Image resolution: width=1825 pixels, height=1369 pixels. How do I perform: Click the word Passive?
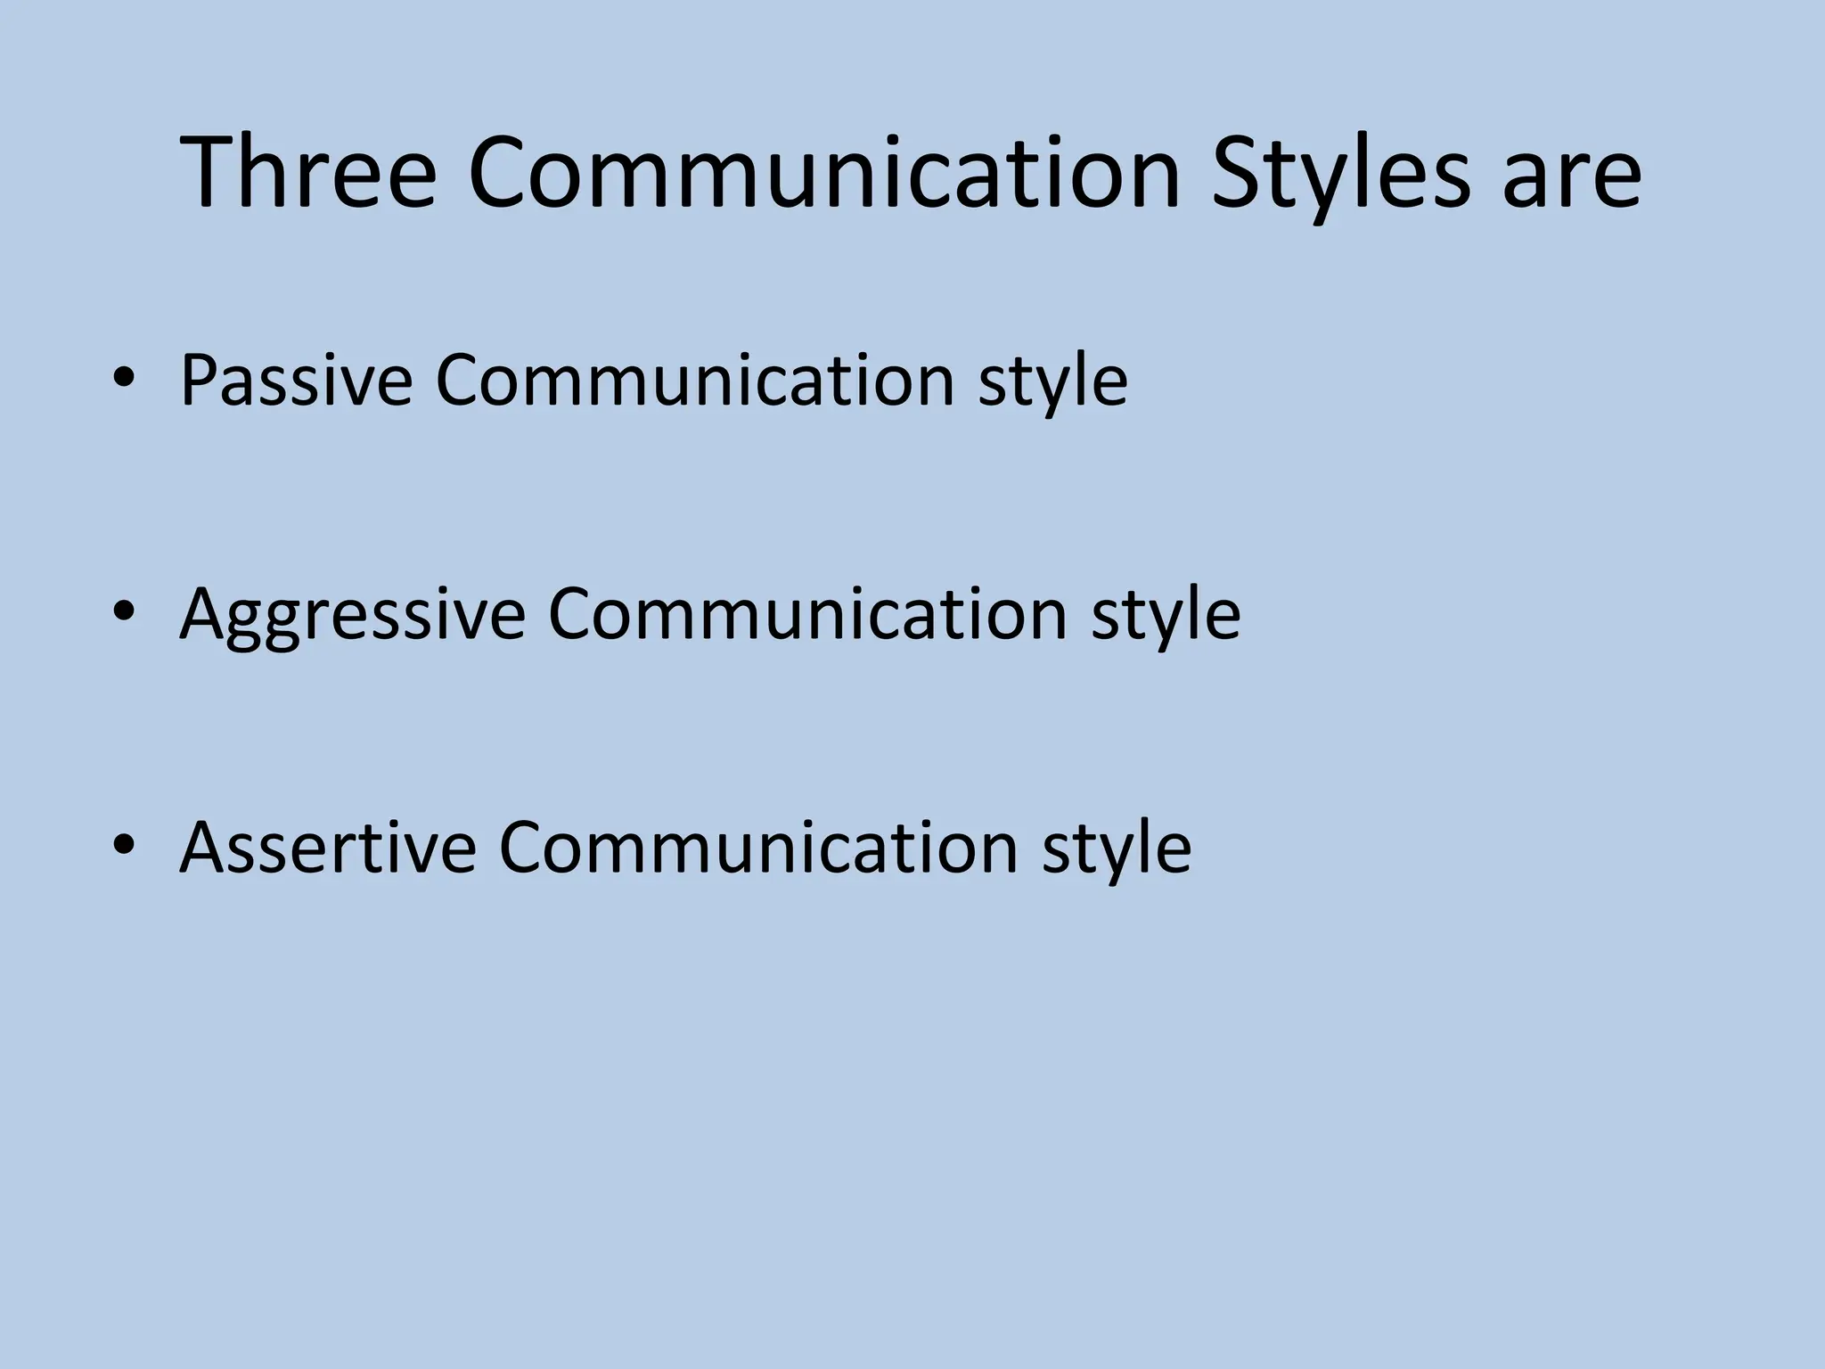[x=296, y=381]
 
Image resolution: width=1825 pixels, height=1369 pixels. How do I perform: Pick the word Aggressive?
[x=353, y=615]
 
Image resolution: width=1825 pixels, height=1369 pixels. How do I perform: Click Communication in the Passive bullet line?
[x=695, y=381]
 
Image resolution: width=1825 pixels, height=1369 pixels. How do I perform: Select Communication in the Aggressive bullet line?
[x=807, y=614]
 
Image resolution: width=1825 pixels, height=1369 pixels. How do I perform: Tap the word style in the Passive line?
[x=1052, y=383]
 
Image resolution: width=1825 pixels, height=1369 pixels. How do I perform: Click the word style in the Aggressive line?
[x=1166, y=617]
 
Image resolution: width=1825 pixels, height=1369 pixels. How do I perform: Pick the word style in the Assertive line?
[x=1116, y=849]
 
